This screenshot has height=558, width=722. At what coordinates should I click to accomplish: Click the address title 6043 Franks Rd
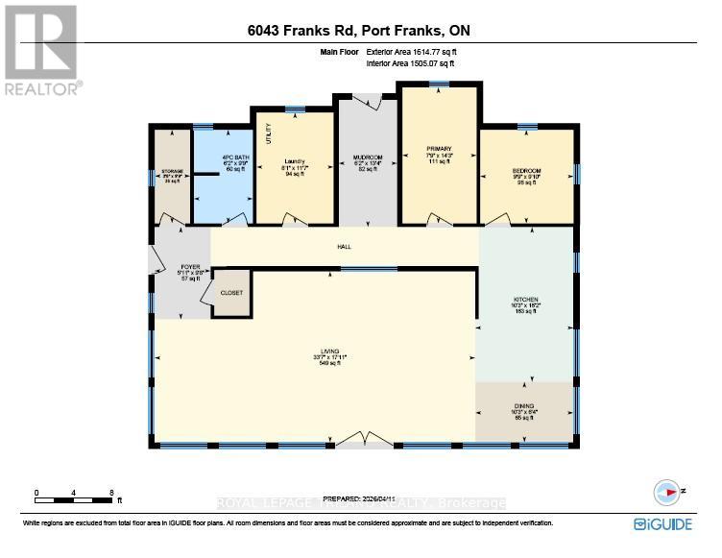point(358,32)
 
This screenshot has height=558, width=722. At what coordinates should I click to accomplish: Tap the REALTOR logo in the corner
point(41,47)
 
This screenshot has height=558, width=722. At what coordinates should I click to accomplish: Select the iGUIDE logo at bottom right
point(662,523)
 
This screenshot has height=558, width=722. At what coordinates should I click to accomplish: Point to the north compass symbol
point(666,492)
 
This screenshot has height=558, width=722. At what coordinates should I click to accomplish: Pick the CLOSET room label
point(231,292)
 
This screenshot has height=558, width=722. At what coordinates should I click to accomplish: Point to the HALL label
point(344,247)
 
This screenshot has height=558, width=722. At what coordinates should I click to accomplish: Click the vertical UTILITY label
point(268,135)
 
